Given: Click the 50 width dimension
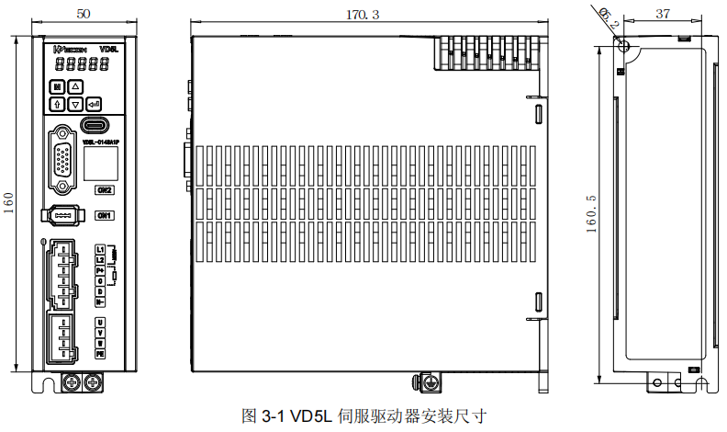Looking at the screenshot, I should tap(83, 14).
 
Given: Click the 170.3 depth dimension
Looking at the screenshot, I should tap(363, 15).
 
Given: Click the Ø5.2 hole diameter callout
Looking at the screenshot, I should tap(608, 17).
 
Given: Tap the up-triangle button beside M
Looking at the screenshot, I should tap(76, 87).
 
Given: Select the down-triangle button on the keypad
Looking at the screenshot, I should tap(76, 104).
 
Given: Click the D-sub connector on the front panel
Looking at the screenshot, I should tap(62, 160).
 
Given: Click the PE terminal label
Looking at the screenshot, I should tap(100, 353).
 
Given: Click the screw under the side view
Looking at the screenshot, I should tap(425, 381).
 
